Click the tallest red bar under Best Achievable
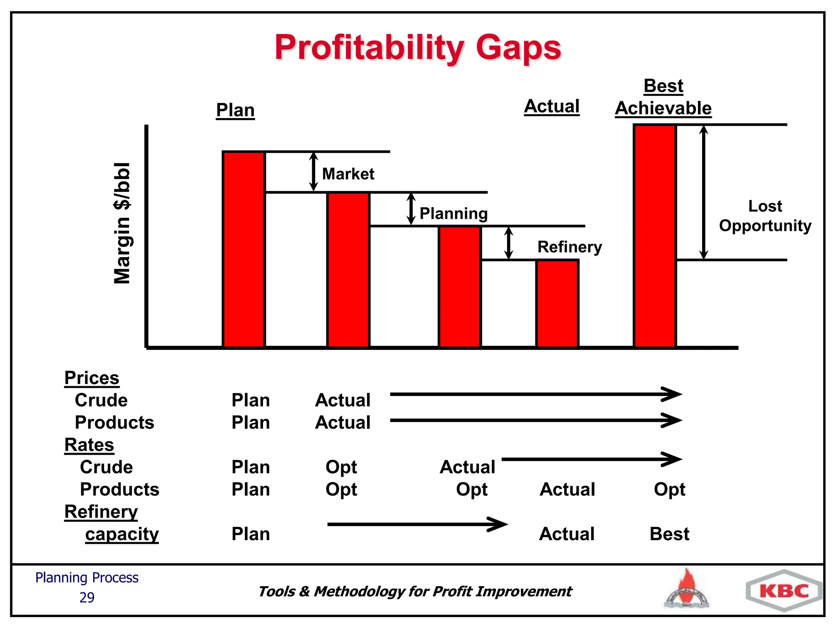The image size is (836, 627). coord(655,236)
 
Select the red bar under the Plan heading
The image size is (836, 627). coord(244,249)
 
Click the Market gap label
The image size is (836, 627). coord(348,174)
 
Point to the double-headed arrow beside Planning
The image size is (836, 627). coord(411,209)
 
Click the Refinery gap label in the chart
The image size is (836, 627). coord(569,247)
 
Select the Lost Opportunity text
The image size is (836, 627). coord(765,216)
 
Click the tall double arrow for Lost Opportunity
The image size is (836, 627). coord(703,192)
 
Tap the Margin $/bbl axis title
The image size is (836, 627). coord(122,223)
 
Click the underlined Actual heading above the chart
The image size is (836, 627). coord(551,106)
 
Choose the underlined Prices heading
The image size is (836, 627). coord(92,378)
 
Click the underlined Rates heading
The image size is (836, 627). coord(89,445)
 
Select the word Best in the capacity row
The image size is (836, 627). coord(669,534)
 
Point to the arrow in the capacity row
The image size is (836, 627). coord(417,524)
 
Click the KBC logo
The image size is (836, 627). coord(784,591)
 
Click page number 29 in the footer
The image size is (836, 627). coord(87,598)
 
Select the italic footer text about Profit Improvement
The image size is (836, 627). coord(414,591)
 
